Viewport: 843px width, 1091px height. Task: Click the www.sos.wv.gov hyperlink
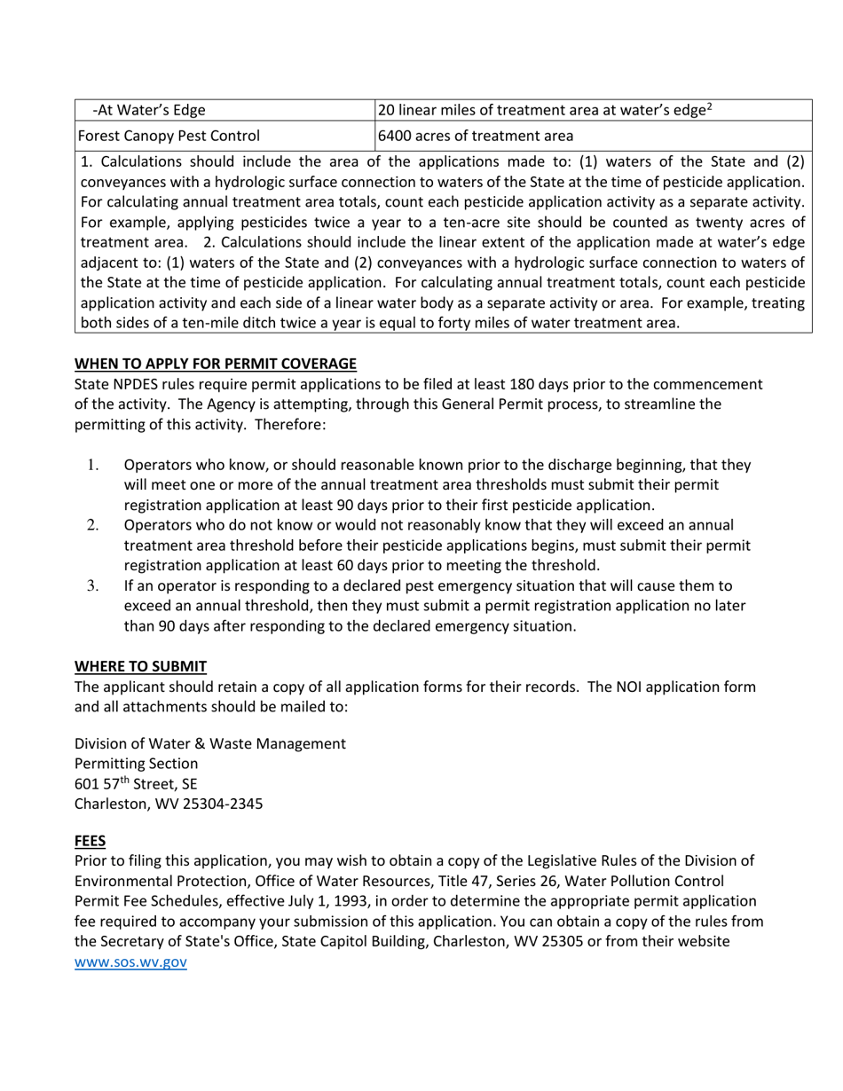coord(130,961)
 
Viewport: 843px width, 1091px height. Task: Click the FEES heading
coord(90,840)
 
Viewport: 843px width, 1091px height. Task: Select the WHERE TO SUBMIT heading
coord(140,666)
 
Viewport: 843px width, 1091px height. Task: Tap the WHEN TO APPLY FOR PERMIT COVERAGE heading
coord(216,364)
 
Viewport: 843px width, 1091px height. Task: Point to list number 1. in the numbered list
coord(93,465)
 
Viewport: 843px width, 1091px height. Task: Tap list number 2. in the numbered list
coord(93,525)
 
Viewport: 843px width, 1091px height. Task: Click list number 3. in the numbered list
coord(93,585)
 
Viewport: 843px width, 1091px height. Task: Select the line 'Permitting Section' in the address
coord(136,764)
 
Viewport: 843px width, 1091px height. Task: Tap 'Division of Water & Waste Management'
coord(209,743)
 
